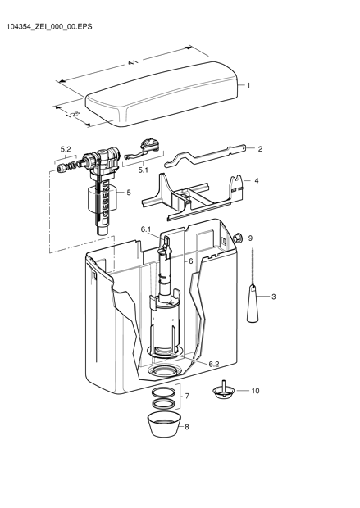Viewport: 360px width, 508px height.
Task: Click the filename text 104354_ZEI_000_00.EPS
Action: [x=49, y=26]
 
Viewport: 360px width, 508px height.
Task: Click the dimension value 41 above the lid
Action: [x=134, y=62]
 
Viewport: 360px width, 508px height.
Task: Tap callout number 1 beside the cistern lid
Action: [x=248, y=85]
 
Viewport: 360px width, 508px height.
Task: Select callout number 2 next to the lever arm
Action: [x=260, y=149]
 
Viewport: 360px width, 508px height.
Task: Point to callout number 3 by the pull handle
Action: [x=273, y=297]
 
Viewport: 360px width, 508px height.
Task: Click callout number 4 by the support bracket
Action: [x=257, y=180]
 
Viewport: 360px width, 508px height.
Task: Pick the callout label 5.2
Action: [x=66, y=149]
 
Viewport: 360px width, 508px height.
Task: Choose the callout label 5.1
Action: [x=143, y=170]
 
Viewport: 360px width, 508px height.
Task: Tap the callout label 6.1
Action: [x=146, y=229]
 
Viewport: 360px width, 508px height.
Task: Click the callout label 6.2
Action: [x=214, y=364]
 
